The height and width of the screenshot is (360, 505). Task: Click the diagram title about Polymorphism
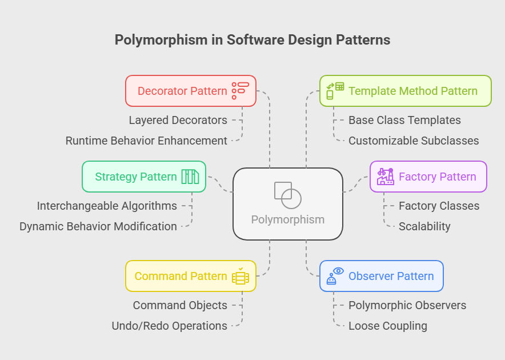pos(252,39)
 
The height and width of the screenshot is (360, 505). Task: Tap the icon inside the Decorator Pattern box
pos(241,91)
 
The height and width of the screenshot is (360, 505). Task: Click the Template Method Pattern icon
pos(335,91)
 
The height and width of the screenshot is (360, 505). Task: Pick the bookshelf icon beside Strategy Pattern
pos(190,177)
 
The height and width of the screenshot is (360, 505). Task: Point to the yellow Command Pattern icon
pos(241,276)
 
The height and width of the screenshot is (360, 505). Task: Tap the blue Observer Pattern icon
pos(335,276)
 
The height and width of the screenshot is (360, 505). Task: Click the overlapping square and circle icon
pos(288,195)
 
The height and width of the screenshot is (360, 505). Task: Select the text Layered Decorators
pos(178,120)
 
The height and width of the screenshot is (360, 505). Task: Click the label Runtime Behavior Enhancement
pos(146,141)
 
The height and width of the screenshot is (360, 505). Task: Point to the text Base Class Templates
pos(404,120)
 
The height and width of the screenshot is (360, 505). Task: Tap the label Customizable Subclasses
pos(414,141)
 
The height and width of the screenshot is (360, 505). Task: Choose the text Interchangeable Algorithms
pos(107,206)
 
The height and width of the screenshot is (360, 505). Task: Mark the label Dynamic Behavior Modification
pos(98,226)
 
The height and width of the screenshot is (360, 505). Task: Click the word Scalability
pos(424,226)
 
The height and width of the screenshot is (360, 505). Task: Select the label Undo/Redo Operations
pos(169,326)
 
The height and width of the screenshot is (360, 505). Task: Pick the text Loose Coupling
pos(388,326)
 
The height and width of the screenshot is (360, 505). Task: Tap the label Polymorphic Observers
pos(407,305)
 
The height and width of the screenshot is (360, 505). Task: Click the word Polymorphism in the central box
pos(288,219)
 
